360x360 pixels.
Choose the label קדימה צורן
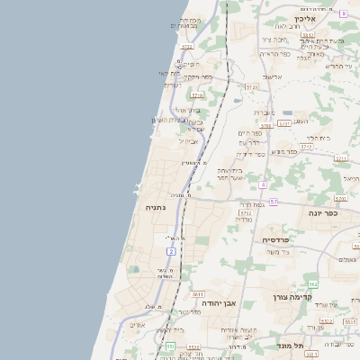[292, 296]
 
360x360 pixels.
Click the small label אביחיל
[188, 140]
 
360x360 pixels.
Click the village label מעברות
[261, 112]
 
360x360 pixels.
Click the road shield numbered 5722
[187, 47]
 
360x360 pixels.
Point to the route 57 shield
[274, 201]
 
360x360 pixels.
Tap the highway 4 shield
[264, 184]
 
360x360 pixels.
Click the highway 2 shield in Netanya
[170, 251]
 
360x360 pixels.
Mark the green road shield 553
[169, 346]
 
